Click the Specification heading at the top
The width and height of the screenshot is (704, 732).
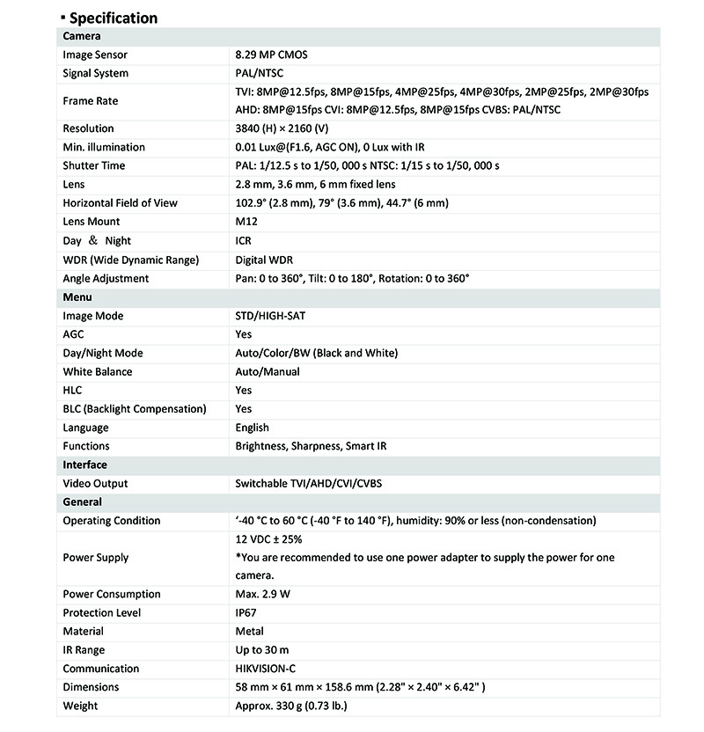click(113, 18)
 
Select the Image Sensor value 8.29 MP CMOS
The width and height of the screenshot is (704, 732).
click(271, 55)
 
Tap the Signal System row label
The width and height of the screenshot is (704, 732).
click(95, 73)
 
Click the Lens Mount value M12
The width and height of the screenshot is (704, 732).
click(246, 222)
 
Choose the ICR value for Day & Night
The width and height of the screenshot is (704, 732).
click(244, 240)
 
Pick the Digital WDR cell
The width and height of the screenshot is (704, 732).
click(264, 260)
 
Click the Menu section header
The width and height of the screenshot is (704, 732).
click(77, 297)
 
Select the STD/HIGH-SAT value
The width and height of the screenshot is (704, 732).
click(270, 316)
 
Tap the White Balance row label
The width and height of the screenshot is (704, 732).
click(98, 372)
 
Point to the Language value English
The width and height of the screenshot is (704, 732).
click(253, 428)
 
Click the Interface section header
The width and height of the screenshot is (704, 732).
click(84, 465)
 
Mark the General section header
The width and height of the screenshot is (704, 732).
click(83, 502)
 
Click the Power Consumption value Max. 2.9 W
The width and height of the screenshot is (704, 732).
click(263, 594)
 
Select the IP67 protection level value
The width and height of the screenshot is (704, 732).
click(246, 612)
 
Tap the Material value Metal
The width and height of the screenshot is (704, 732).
click(250, 631)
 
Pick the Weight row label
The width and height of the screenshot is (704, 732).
click(80, 706)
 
